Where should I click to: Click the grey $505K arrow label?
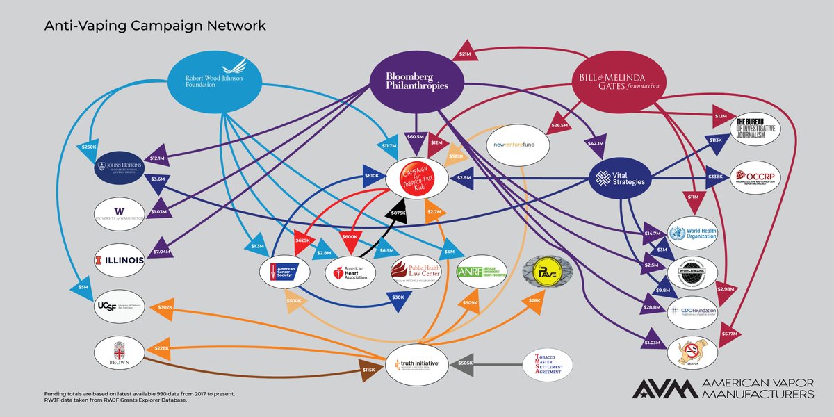tap(466, 362)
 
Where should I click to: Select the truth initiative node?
tap(417, 363)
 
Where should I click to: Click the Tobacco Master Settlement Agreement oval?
tap(548, 363)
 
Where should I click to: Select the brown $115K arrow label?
tap(368, 370)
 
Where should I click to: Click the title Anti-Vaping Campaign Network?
tap(155, 26)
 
